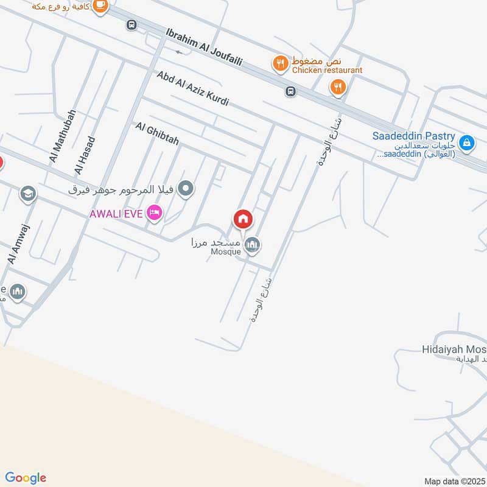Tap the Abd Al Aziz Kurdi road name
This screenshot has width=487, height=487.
coord(192,88)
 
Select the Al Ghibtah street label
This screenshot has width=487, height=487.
coord(158,134)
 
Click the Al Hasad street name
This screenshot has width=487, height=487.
coord(85,154)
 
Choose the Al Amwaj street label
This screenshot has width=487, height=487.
coord(19,243)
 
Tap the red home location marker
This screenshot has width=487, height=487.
coord(242,219)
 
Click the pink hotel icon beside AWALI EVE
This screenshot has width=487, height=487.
coord(155,212)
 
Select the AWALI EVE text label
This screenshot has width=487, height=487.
coord(116,214)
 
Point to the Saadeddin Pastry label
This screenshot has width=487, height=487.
coord(414,136)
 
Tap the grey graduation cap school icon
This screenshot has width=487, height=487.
coord(27,194)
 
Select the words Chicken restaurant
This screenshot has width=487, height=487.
coord(327,71)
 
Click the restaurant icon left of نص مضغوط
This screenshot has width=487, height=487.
coord(280,63)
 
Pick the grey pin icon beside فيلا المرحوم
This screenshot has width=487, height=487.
coord(187,189)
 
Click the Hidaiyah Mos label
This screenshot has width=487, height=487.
coord(453,349)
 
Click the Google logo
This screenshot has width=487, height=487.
coord(26,478)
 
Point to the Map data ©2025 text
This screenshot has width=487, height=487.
coord(454,481)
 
